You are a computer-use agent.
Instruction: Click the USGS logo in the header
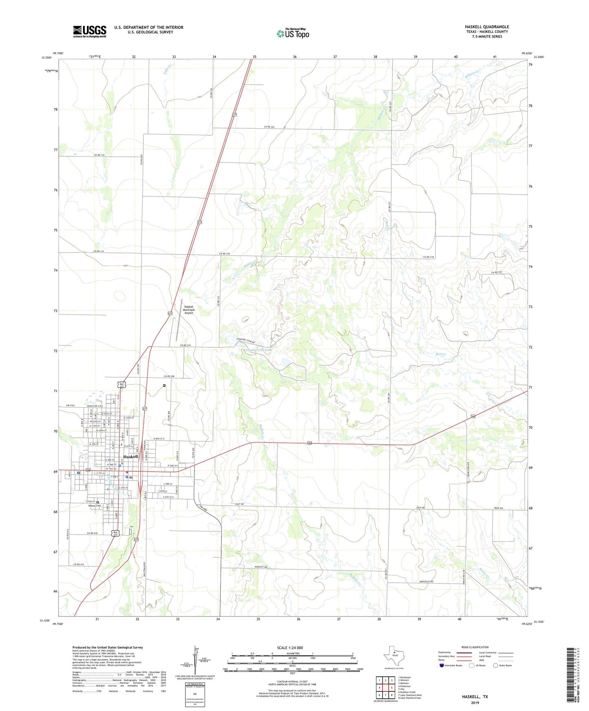90,31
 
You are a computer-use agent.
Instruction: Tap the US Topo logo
293,33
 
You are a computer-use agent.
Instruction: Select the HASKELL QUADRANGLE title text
487,27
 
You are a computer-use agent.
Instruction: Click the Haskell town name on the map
130,456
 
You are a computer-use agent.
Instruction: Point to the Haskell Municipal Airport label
188,310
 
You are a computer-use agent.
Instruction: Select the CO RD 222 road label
269,127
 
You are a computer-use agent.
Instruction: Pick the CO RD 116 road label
99,155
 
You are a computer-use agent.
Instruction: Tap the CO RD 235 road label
496,272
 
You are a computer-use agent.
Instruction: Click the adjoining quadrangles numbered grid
385,688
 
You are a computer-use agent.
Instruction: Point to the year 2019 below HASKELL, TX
475,702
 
